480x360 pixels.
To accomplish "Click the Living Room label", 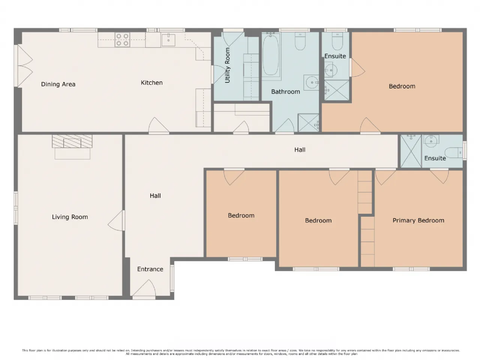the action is [70, 217].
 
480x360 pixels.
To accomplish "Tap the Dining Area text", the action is [58, 84].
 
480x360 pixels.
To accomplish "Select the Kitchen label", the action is [151, 82].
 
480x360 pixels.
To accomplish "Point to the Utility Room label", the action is [227, 65].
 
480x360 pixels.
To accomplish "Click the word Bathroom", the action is [285, 91].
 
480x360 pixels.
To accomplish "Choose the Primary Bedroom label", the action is [418, 220].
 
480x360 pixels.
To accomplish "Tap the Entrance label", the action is [150, 269].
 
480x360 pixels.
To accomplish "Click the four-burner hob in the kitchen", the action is [123, 40].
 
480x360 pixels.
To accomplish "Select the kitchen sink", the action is [168, 39].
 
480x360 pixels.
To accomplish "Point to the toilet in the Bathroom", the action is [300, 41].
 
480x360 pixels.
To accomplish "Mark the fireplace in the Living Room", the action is [72, 141].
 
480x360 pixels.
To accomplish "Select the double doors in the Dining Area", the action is [24, 66].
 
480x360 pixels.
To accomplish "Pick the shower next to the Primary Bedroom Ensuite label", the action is [411, 151].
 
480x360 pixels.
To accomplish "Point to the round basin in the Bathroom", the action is [312, 82].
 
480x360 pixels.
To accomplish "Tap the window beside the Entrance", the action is [172, 278].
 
